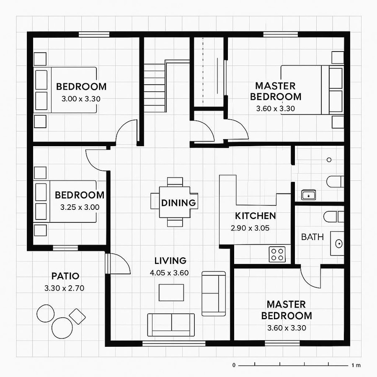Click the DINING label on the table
pyautogui.click(x=179, y=203)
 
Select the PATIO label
pyautogui.click(x=65, y=276)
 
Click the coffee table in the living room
pyautogui.click(x=171, y=292)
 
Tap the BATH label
pyautogui.click(x=312, y=237)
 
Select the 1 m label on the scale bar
pyautogui.click(x=356, y=365)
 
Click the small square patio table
pyautogui.click(x=77, y=316)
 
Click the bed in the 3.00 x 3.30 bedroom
pyautogui.click(x=66, y=90)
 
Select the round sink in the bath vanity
pyautogui.click(x=338, y=243)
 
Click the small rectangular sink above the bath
pyautogui.click(x=309, y=195)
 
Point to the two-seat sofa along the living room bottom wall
pyautogui.click(x=171, y=324)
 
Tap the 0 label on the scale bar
pyautogui.click(x=234, y=365)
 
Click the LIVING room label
pyautogui.click(x=170, y=261)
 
